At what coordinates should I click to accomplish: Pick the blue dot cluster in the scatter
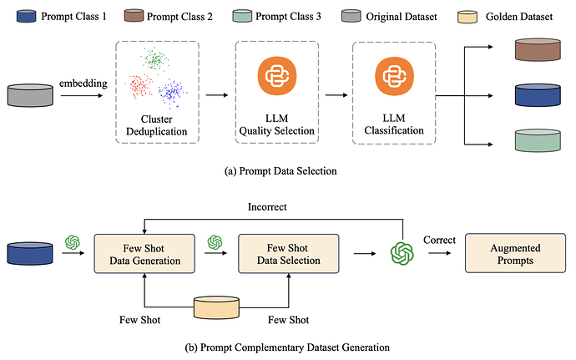[x=173, y=91]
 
